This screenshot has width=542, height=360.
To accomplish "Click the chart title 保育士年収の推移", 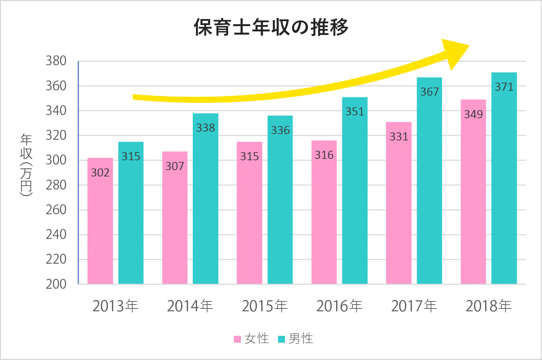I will tap(271, 27).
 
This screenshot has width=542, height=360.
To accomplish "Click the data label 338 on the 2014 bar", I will tap(206, 128).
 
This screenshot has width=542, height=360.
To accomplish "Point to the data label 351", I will tap(355, 112).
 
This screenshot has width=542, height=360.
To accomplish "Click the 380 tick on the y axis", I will tap(56, 61).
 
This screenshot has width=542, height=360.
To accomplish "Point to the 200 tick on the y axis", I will tap(56, 284).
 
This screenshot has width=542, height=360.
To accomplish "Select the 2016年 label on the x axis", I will tap(339, 306).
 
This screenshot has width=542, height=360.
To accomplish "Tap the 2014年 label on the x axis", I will tap(190, 306).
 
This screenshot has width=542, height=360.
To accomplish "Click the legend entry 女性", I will tap(257, 339).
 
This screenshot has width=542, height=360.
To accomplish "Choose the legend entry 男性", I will tap(301, 339).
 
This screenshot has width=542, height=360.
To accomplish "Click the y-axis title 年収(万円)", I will tap(26, 164).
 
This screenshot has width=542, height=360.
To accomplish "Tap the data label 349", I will tap(473, 114).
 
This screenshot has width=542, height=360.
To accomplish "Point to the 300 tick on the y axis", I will tap(56, 160).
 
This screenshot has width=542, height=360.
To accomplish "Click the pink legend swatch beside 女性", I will tap(237, 339).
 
